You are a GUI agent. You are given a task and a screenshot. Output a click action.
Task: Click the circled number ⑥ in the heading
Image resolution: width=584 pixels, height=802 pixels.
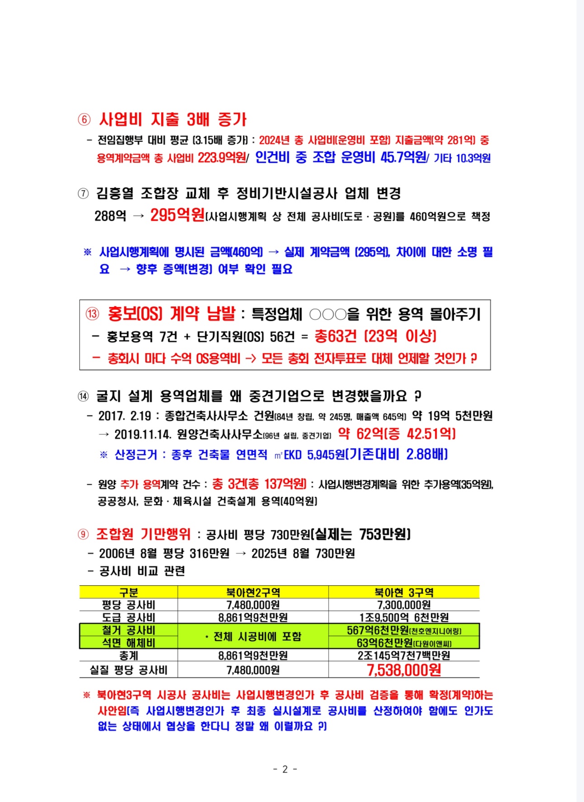pyautogui.click(x=84, y=119)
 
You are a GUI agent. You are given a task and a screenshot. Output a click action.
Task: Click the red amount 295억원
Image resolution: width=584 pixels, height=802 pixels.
pyautogui.click(x=177, y=215)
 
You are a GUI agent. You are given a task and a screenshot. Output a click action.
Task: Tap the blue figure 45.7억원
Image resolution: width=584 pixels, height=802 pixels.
pyautogui.click(x=403, y=157)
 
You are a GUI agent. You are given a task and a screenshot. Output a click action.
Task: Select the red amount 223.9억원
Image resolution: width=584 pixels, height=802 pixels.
pyautogui.click(x=222, y=158)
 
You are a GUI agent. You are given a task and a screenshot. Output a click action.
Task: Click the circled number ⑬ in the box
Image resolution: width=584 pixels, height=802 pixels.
pyautogui.click(x=93, y=314)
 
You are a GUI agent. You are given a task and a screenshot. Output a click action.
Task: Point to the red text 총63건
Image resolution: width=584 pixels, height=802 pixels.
pyautogui.click(x=335, y=336)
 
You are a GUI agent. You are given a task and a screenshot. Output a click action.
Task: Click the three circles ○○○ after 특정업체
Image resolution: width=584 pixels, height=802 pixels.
pyautogui.click(x=328, y=314)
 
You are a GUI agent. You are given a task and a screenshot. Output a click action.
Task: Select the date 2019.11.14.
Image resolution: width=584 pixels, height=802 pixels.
pyautogui.click(x=143, y=434)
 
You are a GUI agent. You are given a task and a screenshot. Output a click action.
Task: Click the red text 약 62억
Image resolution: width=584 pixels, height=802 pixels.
pyautogui.click(x=360, y=434)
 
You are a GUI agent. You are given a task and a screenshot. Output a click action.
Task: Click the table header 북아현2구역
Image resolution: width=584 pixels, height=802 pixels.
pyautogui.click(x=253, y=592)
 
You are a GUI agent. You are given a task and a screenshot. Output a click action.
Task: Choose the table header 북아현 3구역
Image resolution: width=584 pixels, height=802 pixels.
pyautogui.click(x=404, y=592)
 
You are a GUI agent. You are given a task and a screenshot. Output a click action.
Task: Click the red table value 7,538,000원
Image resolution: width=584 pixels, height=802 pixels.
pyautogui.click(x=404, y=670)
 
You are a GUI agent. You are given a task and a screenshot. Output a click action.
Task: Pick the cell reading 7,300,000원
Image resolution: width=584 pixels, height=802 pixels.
pyautogui.click(x=404, y=605)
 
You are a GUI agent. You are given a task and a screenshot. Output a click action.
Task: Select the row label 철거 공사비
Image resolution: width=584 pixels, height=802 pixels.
pyautogui.click(x=128, y=630)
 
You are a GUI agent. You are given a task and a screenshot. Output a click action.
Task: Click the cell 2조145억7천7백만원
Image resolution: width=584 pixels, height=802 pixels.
pyautogui.click(x=404, y=655)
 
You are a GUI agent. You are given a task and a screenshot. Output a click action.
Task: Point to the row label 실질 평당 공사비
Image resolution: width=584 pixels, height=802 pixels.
pyautogui.click(x=128, y=670)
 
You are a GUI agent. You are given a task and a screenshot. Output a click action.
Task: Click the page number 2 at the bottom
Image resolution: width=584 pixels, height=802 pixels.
pyautogui.click(x=285, y=769)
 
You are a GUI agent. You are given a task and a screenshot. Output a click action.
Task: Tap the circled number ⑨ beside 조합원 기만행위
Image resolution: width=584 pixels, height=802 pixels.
pyautogui.click(x=83, y=535)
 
